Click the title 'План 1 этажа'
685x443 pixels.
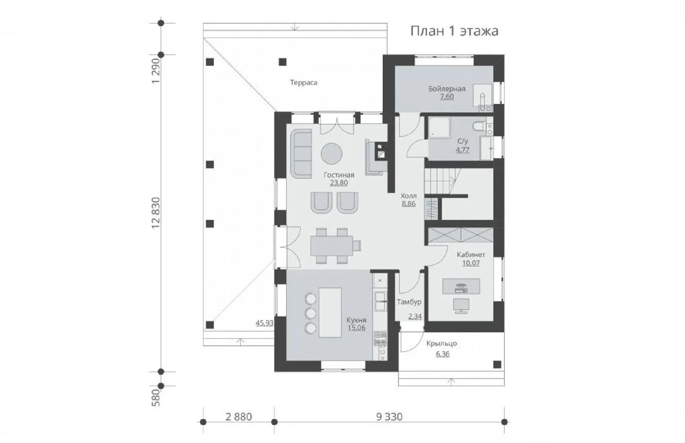[x=454, y=31]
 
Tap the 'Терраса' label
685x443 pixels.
[x=304, y=83]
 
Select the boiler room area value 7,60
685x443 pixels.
[x=447, y=97]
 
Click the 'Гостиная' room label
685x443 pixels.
[x=339, y=175]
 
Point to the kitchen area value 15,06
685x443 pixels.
[x=356, y=328]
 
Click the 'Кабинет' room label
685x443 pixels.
[x=471, y=255]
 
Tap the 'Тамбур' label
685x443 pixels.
[x=409, y=302]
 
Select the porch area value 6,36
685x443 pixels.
[x=442, y=354]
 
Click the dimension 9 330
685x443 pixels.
[x=389, y=417]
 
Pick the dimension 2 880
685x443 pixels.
[x=238, y=417]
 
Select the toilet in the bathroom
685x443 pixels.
[x=479, y=127]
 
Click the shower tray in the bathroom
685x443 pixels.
[x=439, y=127]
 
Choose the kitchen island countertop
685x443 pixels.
[x=330, y=313]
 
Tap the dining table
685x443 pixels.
[x=331, y=246]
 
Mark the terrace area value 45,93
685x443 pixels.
[x=264, y=323]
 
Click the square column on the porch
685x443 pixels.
[x=497, y=365]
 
